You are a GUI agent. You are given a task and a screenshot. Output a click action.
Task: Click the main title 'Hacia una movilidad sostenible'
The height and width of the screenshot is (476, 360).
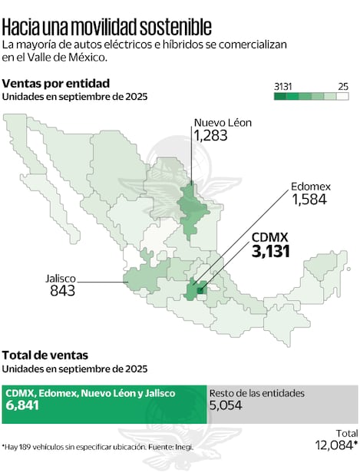click(107, 27)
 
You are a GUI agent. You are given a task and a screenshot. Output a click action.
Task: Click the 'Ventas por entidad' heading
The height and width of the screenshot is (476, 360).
click(56, 83)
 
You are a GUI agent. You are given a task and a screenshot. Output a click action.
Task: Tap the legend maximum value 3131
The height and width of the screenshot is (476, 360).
click(283, 85)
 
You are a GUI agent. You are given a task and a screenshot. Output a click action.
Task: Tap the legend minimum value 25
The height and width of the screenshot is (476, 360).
click(342, 85)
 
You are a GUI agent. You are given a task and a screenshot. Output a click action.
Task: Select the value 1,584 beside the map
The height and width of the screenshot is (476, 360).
click(309, 200)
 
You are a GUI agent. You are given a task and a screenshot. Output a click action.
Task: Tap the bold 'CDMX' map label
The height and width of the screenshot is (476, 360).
click(270, 236)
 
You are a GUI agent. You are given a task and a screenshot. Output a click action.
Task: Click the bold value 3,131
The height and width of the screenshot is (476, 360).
click(270, 251)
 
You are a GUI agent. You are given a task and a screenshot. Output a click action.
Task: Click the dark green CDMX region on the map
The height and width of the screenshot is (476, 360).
click(200, 290)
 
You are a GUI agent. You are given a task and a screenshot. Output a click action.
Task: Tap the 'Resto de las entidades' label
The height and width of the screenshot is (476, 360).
click(257, 393)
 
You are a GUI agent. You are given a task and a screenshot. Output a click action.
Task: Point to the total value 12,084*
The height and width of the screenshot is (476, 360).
click(336, 445)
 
